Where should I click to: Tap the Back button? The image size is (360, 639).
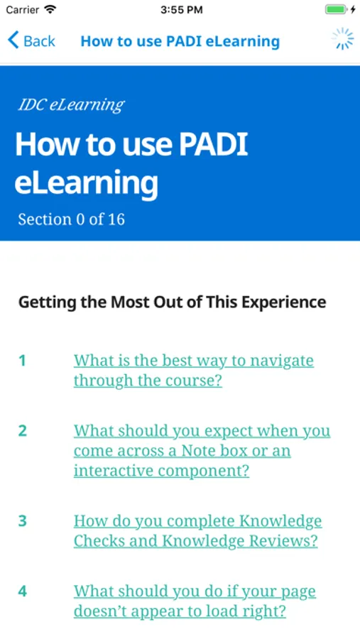pos(31,40)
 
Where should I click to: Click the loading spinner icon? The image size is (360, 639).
pos(342,39)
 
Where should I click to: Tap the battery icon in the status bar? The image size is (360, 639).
pos(337,9)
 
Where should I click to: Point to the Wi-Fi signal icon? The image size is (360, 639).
pos(50,9)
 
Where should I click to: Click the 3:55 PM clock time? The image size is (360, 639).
pos(182,10)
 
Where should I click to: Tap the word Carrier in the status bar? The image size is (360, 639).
pos(23,10)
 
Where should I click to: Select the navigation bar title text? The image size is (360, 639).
pos(180,41)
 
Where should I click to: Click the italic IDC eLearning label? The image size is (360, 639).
pos(71,105)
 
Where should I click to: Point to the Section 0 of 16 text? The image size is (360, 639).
pos(71,219)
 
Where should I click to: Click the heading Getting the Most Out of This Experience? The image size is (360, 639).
pos(172,302)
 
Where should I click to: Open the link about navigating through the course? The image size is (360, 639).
pos(194,371)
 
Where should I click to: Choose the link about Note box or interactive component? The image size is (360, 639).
pos(202,451)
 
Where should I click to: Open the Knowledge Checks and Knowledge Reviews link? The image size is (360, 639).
pos(197,531)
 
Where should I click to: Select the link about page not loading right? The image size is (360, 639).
pos(195,601)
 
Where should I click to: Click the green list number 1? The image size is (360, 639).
pos(23,361)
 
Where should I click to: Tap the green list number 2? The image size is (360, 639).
pos(23,431)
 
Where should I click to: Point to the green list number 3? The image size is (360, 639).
pos(23,521)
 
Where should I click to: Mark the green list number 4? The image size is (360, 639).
pos(23,591)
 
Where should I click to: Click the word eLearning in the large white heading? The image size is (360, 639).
pos(86,183)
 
